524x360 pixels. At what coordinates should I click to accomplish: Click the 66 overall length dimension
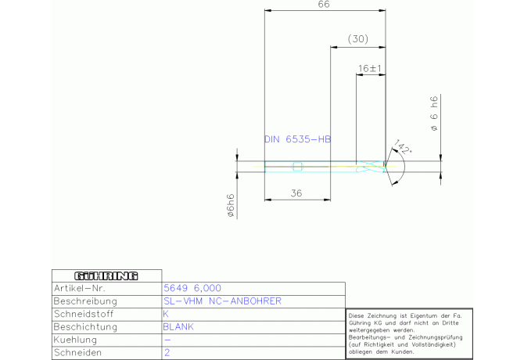(x=324, y=5)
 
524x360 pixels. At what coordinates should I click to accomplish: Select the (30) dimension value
(x=358, y=39)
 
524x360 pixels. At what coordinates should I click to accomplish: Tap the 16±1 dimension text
(x=370, y=69)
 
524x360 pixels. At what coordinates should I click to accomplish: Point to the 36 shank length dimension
(x=296, y=193)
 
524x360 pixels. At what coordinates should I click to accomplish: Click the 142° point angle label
(x=403, y=147)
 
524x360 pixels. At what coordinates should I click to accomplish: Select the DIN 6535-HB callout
(x=297, y=139)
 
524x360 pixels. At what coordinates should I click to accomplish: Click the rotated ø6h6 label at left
(x=231, y=206)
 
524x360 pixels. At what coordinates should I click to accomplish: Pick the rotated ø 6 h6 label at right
(x=434, y=113)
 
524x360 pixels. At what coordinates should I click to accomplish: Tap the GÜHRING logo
(x=106, y=275)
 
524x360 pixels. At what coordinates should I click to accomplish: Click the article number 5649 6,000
(x=192, y=288)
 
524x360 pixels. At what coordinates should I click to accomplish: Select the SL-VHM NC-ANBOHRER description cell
(x=222, y=301)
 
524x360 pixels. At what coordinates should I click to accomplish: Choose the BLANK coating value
(x=178, y=327)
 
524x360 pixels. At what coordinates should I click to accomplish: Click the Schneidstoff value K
(x=166, y=314)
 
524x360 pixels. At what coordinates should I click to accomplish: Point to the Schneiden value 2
(x=167, y=352)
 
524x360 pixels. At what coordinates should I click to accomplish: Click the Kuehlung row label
(x=75, y=340)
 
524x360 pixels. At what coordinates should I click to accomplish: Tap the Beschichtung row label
(x=85, y=327)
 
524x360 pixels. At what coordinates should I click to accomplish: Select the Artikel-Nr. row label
(x=80, y=288)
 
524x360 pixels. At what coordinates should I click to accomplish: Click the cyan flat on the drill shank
(x=297, y=167)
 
